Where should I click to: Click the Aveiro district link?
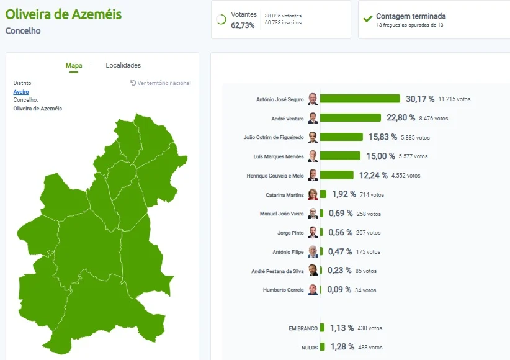point(21,92)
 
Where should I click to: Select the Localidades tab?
point(123,65)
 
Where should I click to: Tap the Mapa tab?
point(74,65)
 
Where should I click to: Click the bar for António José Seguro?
point(360,99)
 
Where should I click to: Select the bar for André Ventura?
point(351,117)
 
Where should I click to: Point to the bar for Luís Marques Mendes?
point(340,156)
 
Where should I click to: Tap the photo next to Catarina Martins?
point(313,194)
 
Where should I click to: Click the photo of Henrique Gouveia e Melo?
point(313,175)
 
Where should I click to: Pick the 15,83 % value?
point(382,137)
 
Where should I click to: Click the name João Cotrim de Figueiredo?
point(274,137)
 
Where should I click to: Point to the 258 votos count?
point(369,214)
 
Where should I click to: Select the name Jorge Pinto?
point(290,233)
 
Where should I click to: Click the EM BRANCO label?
point(303,328)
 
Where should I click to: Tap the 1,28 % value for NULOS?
point(342,346)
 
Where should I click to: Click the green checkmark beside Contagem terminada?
point(368,19)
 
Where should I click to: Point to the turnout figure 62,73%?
point(243,25)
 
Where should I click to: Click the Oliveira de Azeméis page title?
point(63,14)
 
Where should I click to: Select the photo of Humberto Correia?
point(313,290)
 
